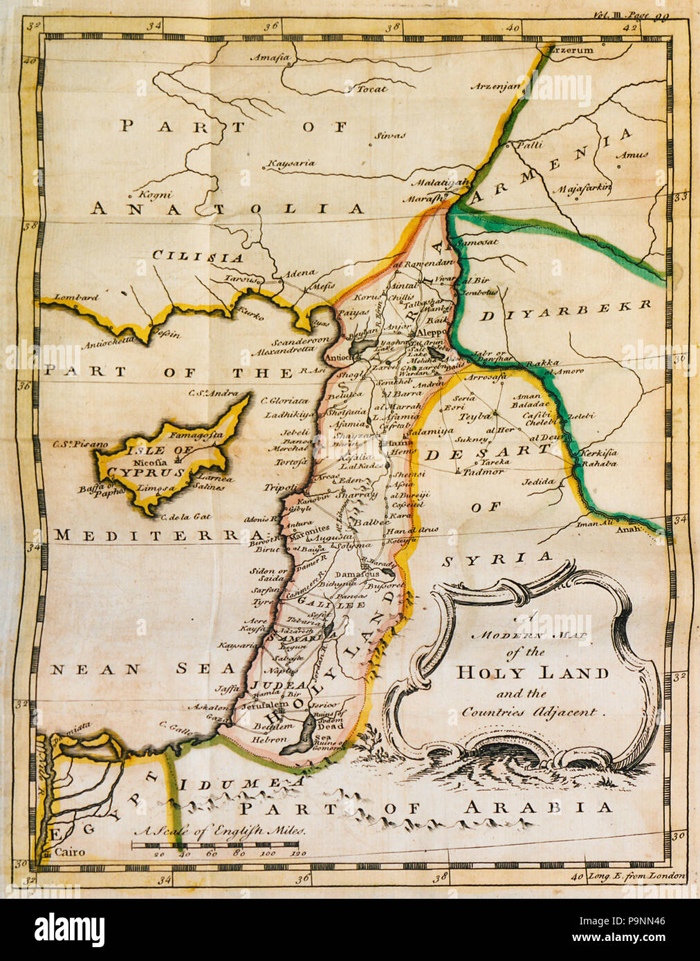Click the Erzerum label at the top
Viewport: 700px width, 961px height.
(570, 50)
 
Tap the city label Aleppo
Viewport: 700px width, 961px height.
(429, 332)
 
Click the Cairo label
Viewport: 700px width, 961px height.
(69, 852)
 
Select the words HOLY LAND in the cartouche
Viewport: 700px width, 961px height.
(532, 672)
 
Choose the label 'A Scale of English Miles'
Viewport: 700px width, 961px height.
(219, 831)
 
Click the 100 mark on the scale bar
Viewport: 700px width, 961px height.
(266, 854)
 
